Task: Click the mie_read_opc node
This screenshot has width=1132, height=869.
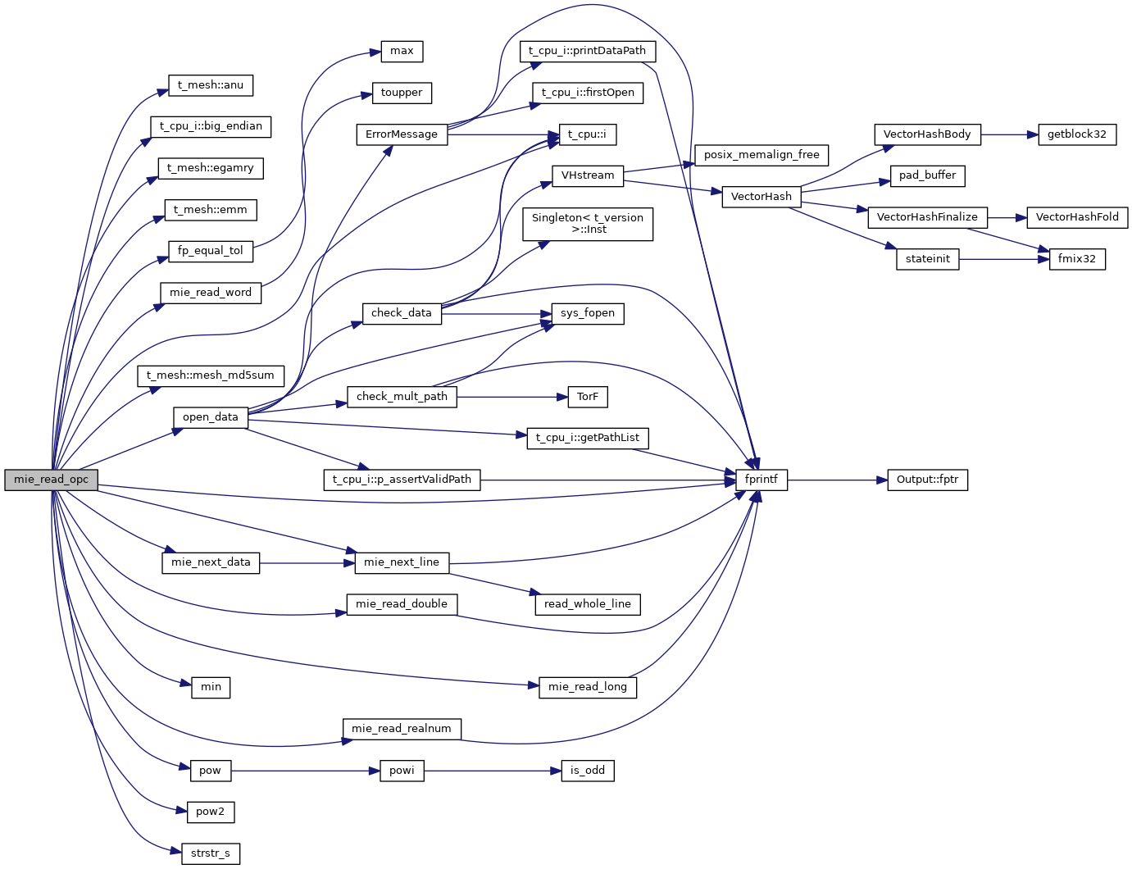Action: click(51, 480)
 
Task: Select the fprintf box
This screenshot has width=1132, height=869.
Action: click(761, 480)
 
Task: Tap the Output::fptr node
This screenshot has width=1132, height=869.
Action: click(927, 480)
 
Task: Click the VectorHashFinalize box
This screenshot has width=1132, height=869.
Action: click(927, 218)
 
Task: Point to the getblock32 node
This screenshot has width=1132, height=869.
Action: click(1076, 135)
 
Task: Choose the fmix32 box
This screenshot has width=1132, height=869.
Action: click(1076, 260)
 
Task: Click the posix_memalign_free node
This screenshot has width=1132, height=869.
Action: click(761, 156)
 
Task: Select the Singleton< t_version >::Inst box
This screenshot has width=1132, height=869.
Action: click(588, 225)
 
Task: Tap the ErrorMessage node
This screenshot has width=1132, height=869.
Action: click(402, 135)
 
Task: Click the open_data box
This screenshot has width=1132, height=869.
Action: click(211, 418)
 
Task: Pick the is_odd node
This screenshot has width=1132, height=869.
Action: click(588, 771)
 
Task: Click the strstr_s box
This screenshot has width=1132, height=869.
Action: click(211, 854)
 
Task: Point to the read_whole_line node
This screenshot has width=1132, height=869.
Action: click(588, 605)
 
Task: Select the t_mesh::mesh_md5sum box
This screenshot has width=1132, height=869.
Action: click(211, 376)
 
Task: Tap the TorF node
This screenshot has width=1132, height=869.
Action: click(588, 398)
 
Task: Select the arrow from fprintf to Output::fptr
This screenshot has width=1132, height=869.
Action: click(837, 480)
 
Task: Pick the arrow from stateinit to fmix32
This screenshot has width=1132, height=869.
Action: click(1004, 260)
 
